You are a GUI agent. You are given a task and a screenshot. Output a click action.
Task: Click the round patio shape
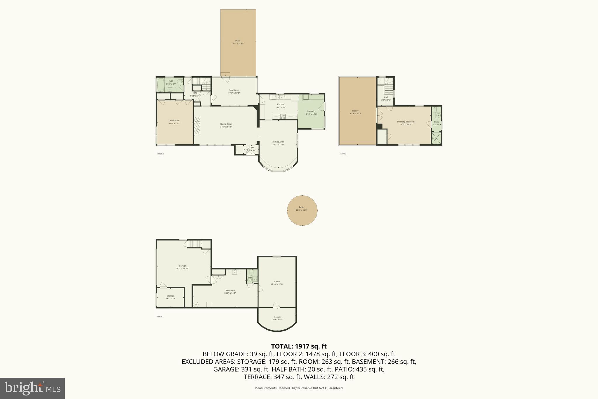click(x=302, y=210)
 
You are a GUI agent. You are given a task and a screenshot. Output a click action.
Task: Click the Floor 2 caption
click(x=160, y=154)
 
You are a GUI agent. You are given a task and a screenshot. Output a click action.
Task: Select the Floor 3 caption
click(x=343, y=154)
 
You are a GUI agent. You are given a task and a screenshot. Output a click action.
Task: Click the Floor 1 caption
click(x=160, y=317)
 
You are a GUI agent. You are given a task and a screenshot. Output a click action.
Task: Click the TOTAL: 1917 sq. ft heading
click(x=299, y=346)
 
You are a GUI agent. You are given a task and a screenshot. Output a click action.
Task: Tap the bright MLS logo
click(x=32, y=388)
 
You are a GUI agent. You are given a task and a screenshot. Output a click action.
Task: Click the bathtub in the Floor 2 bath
click(x=160, y=85)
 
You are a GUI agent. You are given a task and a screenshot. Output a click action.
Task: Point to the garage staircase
click(x=194, y=244)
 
